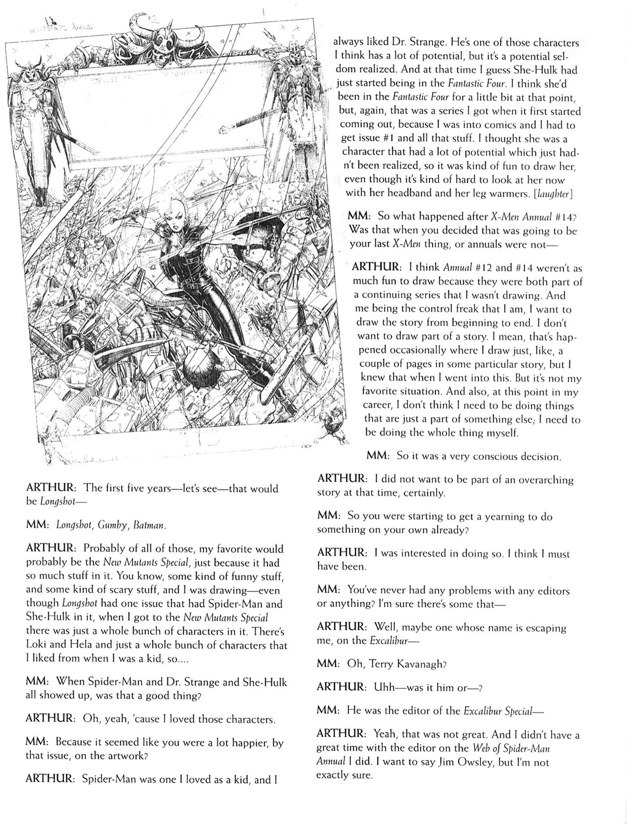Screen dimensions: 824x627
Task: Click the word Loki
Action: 37,645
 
